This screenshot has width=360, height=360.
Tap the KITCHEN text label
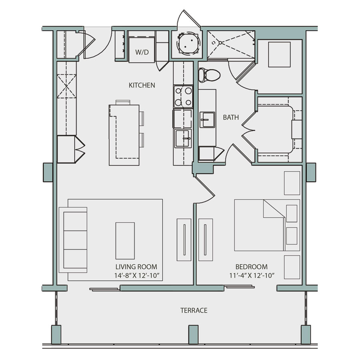point(142,85)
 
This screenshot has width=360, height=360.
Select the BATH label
point(231,118)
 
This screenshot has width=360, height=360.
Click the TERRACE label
point(194,310)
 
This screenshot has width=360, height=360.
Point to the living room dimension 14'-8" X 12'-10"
point(136,275)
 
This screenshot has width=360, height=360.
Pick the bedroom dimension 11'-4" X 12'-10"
point(251,275)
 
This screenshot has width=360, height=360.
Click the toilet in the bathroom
point(210,74)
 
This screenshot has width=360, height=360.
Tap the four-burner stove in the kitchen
point(182,97)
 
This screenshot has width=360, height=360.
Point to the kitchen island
point(124,135)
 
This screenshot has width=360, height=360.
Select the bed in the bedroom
point(266,225)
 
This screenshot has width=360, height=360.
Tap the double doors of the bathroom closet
point(248,132)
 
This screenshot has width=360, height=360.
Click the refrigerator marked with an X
point(66,86)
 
